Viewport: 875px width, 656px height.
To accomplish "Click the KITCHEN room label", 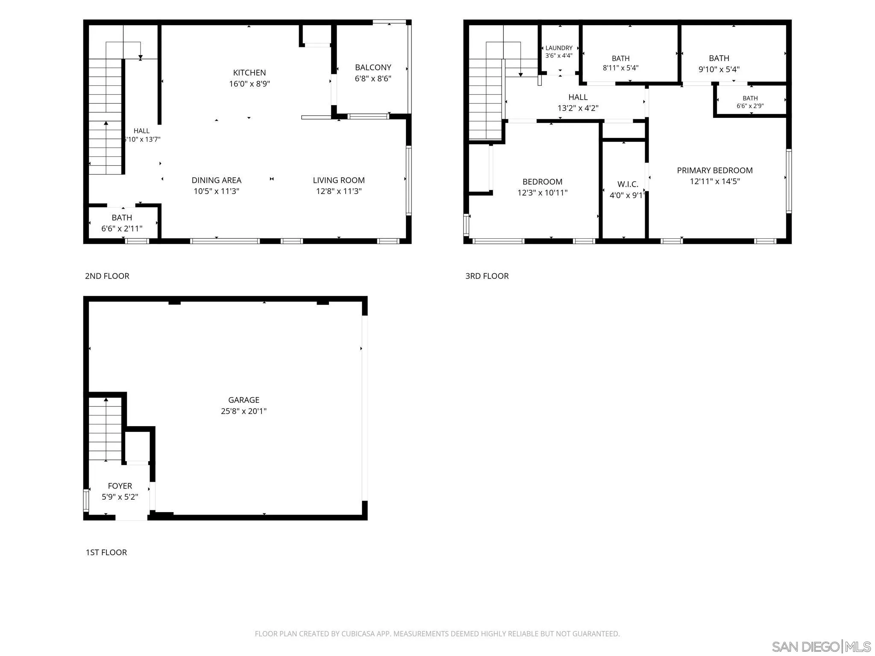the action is click(250, 73).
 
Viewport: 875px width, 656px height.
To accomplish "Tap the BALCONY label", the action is click(373, 67).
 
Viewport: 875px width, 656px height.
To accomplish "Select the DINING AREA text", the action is click(216, 180).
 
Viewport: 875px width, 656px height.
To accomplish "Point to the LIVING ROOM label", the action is click(339, 180).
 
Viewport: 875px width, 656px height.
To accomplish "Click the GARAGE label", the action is click(244, 400).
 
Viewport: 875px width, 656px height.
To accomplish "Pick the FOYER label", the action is click(120, 486).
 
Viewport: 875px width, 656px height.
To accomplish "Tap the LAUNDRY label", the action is click(559, 48).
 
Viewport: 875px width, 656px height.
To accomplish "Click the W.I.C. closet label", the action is click(628, 184).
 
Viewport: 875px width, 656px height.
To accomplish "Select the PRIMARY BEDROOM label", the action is click(715, 170).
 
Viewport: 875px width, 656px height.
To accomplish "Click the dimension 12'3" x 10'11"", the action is click(543, 193).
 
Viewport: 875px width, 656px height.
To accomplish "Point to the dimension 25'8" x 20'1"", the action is click(244, 411).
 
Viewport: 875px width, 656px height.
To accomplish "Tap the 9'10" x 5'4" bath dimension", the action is click(719, 69).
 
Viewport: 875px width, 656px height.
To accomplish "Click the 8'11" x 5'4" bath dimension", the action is click(621, 68).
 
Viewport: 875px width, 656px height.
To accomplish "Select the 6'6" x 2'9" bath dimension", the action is click(750, 106).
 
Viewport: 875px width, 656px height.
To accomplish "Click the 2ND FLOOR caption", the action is click(107, 276).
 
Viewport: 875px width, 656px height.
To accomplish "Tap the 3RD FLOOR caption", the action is click(487, 276).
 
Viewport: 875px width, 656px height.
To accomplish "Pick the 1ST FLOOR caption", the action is click(106, 552).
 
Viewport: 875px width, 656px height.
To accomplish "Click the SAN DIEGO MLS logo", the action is click(821, 647).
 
